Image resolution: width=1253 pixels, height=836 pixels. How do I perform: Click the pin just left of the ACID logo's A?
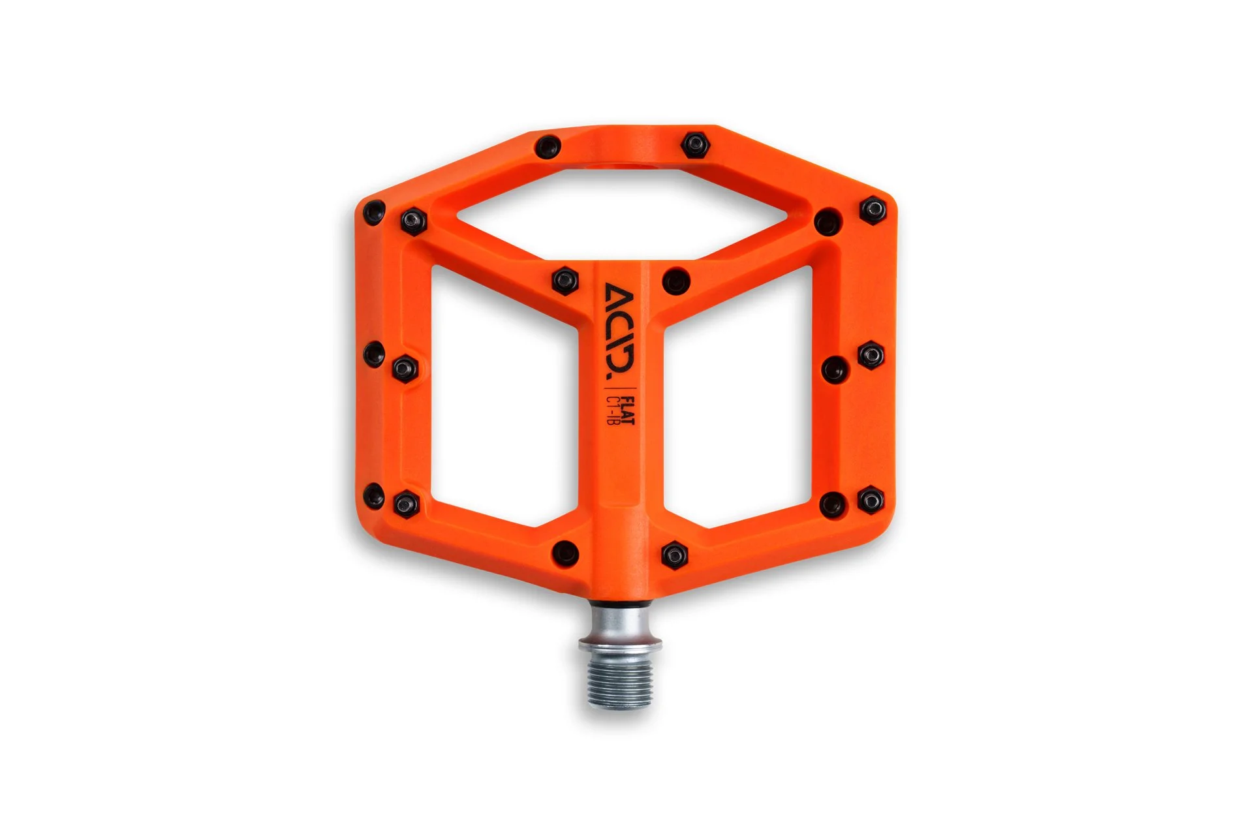pyautogui.click(x=565, y=280)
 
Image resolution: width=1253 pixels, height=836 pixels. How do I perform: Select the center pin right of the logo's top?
pyautogui.click(x=676, y=281)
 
